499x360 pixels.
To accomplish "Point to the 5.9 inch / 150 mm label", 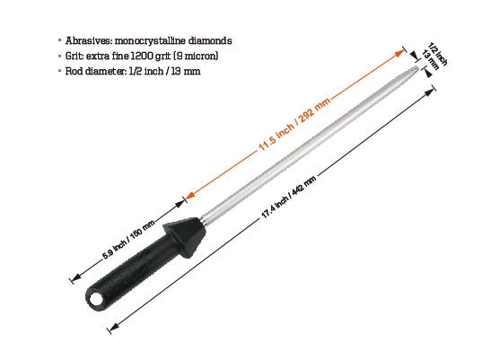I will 128,240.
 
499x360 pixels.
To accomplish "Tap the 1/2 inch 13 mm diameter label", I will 437,57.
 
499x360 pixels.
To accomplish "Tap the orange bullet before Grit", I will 59,56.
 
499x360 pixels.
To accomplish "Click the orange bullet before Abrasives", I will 59,40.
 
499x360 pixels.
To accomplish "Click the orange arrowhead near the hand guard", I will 188,196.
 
